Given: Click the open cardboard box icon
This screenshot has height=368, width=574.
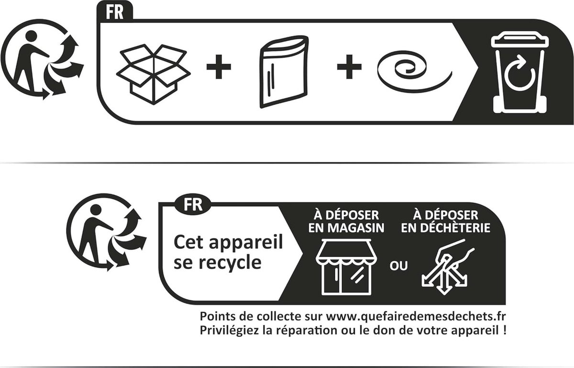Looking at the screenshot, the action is (x=153, y=74).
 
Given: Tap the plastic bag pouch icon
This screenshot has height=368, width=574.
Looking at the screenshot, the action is (x=284, y=72).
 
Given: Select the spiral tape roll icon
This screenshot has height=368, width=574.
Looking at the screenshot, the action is (x=414, y=74).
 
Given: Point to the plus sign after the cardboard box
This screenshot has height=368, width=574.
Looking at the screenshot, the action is (x=219, y=67).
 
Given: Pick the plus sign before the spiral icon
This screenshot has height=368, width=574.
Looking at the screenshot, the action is (x=349, y=67).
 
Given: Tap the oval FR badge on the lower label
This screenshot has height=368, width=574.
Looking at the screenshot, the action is (x=193, y=205).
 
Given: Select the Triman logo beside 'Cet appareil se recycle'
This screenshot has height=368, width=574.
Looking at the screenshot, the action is (x=106, y=232).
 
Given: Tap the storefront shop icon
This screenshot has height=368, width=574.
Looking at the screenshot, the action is (x=346, y=267).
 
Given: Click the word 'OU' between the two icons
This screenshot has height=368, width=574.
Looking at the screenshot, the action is (x=398, y=266).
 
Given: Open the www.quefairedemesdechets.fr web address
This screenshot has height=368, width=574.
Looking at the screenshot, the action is (x=416, y=317).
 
